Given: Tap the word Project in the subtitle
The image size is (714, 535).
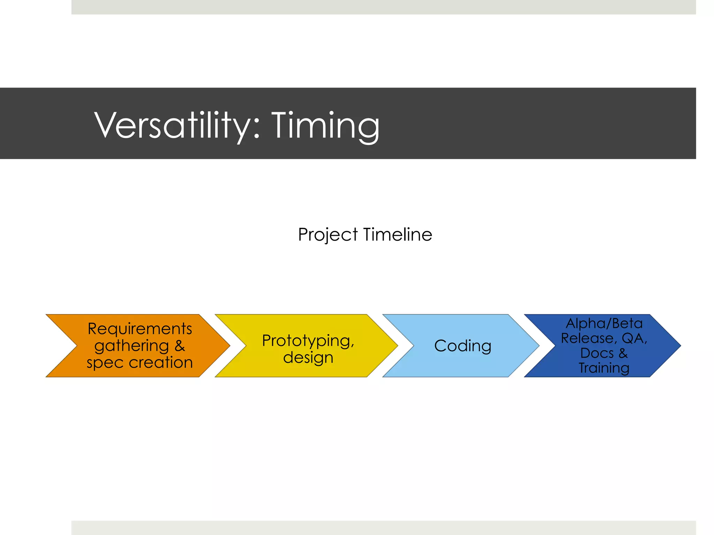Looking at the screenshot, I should [328, 235].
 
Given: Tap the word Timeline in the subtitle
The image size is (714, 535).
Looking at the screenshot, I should [397, 234].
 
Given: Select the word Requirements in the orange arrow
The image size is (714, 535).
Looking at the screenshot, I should [139, 329].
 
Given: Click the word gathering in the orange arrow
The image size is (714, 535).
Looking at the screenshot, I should [131, 346].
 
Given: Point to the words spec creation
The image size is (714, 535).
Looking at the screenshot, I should [139, 363].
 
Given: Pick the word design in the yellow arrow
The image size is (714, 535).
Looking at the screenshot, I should [308, 358].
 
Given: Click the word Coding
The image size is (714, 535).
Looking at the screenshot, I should [463, 346].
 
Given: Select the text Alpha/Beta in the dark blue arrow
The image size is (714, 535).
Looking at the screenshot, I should [604, 324].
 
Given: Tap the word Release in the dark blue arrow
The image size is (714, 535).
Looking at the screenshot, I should [587, 338].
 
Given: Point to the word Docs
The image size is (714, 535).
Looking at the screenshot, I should [597, 353].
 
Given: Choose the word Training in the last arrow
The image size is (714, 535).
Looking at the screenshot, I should [604, 368].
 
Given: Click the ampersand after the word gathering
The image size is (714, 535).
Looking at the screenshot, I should [180, 346].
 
